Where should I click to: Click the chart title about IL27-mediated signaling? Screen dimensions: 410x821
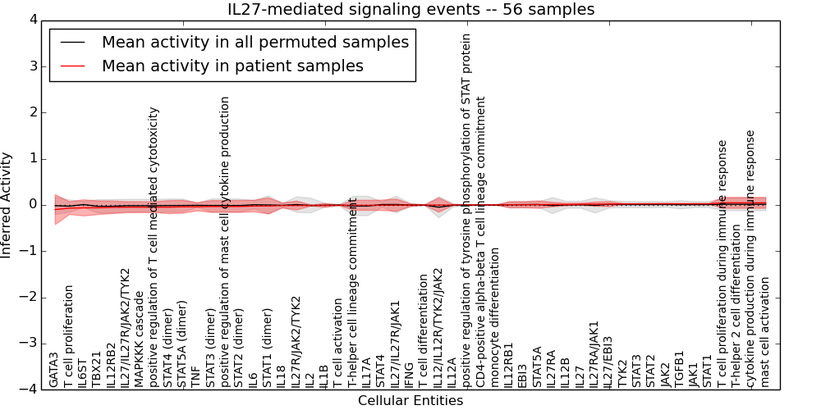pyautogui.click(x=410, y=9)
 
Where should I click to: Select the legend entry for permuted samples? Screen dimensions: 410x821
pyautogui.click(x=255, y=42)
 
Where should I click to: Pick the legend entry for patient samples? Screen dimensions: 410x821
pyautogui.click(x=232, y=66)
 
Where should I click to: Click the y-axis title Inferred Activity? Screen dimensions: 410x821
pyautogui.click(x=7, y=205)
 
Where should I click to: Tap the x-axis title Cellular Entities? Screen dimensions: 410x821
pyautogui.click(x=410, y=401)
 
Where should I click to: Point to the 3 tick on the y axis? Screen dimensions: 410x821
pyautogui.click(x=33, y=66)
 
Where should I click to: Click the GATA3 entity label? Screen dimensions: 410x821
pyautogui.click(x=54, y=369)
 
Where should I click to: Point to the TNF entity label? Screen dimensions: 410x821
pyautogui.click(x=195, y=376)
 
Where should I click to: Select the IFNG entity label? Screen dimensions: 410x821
pyautogui.click(x=408, y=371)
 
